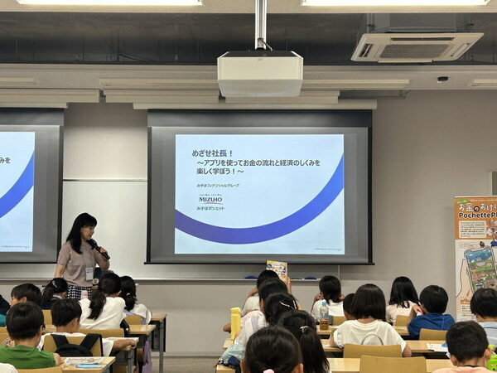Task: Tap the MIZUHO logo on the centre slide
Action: coord(210,200)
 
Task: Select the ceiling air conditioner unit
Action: coord(416,46)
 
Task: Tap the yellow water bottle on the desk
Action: coord(236,322)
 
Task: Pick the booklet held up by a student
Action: coord(277,268)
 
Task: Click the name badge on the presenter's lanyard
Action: coord(89,272)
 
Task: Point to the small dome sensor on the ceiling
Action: coord(442,80)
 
